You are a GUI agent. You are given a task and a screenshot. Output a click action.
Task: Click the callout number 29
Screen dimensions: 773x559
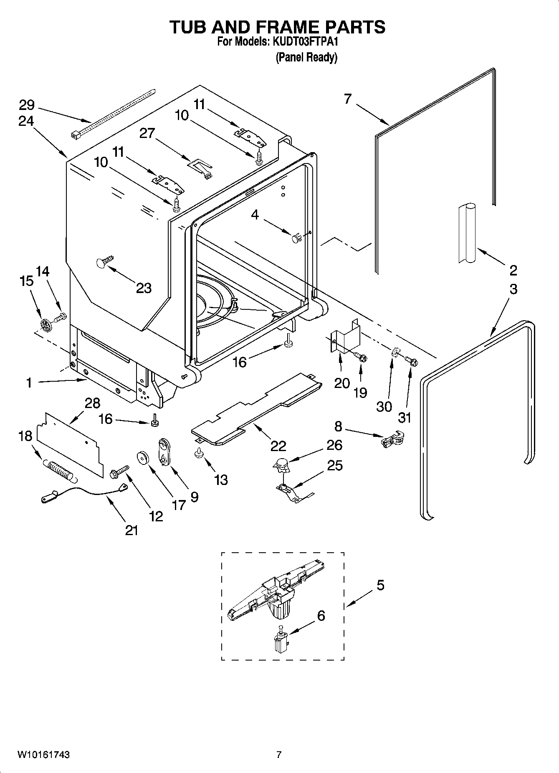[x=26, y=105]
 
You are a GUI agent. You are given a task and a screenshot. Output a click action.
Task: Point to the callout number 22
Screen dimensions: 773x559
[x=278, y=446]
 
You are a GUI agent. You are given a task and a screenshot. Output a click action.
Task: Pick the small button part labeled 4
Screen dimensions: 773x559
[x=296, y=239]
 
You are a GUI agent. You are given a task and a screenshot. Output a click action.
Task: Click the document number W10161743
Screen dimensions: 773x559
[x=43, y=755]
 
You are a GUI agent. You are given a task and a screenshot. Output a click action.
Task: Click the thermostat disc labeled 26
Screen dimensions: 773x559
[x=281, y=463]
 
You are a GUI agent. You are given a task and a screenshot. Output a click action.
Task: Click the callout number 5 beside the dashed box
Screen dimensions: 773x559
[x=380, y=585]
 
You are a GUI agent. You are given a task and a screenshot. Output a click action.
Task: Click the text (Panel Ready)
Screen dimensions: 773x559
[x=306, y=57]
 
